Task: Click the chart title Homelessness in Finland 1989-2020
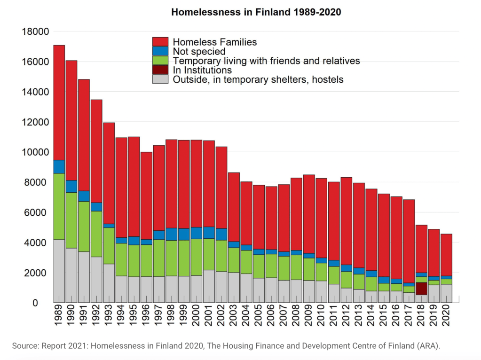(x=256, y=12)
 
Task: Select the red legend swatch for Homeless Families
(x=160, y=42)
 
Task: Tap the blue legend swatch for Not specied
(x=160, y=51)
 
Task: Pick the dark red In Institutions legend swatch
(x=160, y=70)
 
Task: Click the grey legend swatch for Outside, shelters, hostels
(x=160, y=79)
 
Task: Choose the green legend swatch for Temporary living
(x=160, y=61)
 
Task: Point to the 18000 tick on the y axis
(x=35, y=31)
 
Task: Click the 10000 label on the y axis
(x=35, y=152)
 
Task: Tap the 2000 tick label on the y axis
(x=38, y=273)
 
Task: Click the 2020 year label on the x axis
(x=446, y=318)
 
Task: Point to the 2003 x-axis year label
(x=234, y=318)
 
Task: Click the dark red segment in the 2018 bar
(x=421, y=289)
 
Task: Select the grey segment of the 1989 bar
(x=59, y=271)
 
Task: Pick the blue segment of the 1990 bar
(x=71, y=186)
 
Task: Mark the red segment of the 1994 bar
(x=121, y=188)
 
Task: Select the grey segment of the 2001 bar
(x=209, y=286)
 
